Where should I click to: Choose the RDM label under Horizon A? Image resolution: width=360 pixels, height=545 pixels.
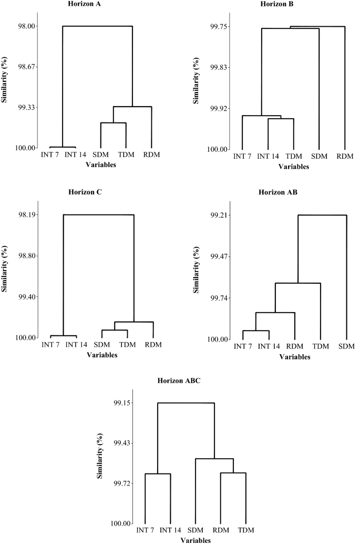coord(151,155)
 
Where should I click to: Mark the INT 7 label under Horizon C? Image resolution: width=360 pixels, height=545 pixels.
coord(51,345)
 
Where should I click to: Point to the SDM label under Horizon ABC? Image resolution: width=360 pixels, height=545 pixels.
coord(196,531)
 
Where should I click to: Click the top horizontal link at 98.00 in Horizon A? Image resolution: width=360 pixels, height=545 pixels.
coord(97,26)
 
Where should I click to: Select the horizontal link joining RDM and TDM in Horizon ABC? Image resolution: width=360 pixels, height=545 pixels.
coord(233,473)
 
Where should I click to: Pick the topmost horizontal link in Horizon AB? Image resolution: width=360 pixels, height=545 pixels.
coord(322,215)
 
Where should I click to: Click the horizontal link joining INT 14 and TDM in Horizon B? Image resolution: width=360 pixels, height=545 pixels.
coord(281,119)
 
